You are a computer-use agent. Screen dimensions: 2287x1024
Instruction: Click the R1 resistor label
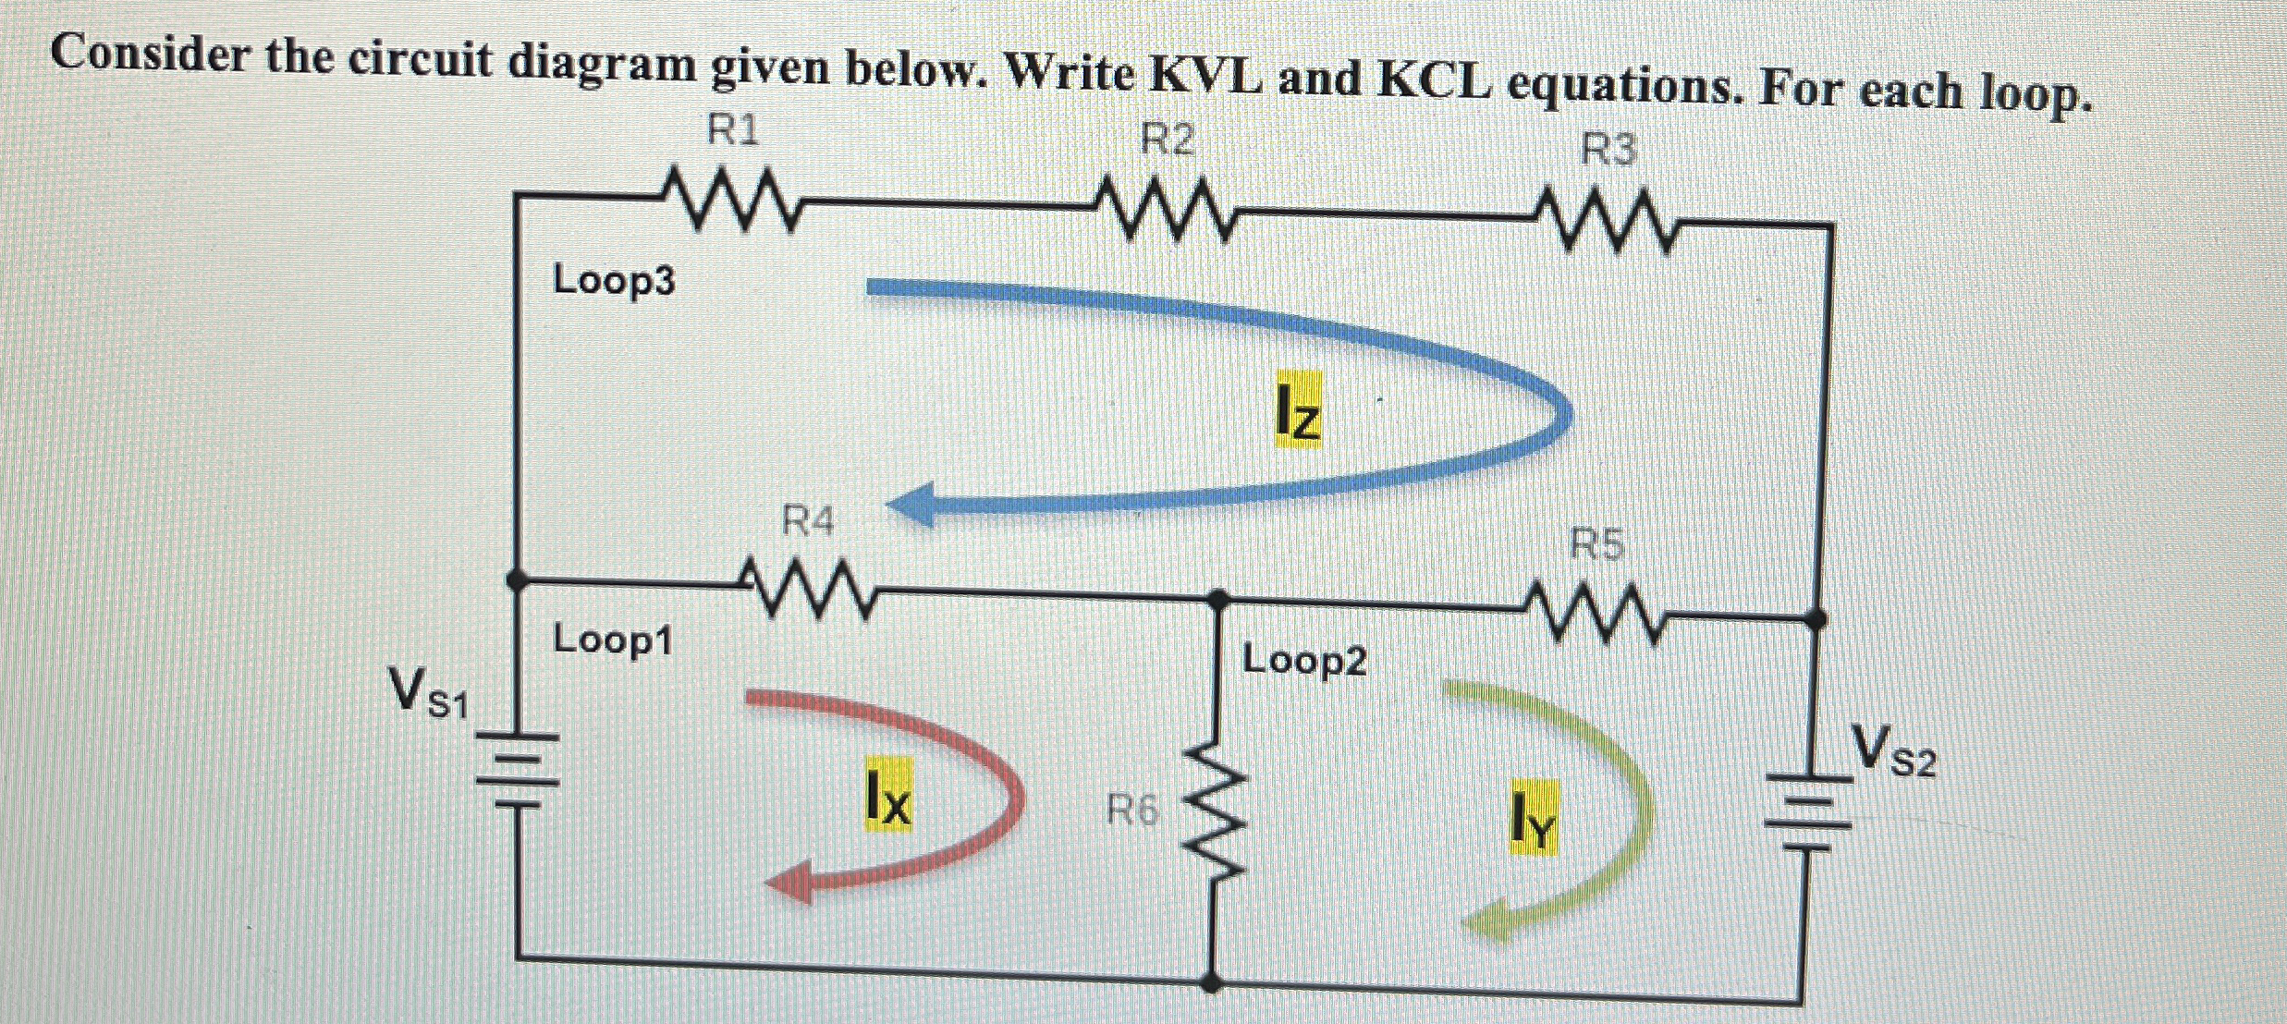[732, 131]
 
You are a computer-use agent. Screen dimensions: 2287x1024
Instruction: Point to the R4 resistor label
[807, 522]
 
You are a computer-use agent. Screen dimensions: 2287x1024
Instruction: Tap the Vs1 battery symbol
[518, 772]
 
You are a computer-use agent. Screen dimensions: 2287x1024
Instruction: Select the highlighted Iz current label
[1298, 410]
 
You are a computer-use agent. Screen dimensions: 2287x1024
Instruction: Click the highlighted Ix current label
[887, 796]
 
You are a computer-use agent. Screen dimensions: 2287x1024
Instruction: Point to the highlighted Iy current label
[1533, 817]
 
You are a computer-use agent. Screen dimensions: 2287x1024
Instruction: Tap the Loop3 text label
[614, 280]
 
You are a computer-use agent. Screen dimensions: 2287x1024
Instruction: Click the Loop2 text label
[1303, 660]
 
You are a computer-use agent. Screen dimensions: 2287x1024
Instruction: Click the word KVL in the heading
[1203, 76]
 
